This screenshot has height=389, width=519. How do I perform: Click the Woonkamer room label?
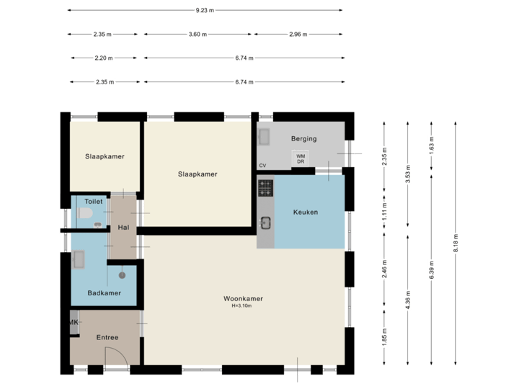pos(242,298)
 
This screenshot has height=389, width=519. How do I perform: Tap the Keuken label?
pos(305,213)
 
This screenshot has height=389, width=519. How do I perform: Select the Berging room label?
pos(303,138)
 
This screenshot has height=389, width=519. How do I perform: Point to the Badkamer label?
pos(103,293)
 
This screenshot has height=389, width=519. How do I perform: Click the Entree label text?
pos(107,337)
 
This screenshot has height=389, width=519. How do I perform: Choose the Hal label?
pos(123,228)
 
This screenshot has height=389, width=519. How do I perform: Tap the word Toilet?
pos(94,202)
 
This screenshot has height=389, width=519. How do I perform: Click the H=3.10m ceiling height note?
pos(242,306)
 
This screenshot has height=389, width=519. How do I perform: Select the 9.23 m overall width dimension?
pos(205,11)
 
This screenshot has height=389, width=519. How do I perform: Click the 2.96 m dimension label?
pos(298,34)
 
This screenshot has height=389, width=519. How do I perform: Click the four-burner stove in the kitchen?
pos(266,188)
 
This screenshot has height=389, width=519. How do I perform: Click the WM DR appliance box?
pos(301,158)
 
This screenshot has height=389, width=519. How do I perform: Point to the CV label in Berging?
pos(262,166)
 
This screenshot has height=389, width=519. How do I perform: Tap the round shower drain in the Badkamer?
pos(123,274)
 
